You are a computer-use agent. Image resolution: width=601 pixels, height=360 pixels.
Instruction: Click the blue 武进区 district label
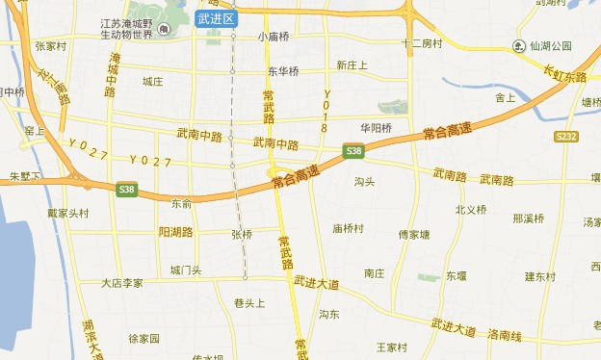click(x=214, y=18)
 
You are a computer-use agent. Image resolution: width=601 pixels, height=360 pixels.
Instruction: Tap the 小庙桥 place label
click(x=273, y=38)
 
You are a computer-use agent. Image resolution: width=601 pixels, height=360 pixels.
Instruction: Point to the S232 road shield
click(x=566, y=138)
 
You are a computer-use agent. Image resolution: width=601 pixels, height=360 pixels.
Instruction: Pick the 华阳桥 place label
click(x=376, y=127)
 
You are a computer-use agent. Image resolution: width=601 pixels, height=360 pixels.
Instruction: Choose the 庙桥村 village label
click(x=348, y=228)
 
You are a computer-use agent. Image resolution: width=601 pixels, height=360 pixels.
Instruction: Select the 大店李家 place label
click(x=122, y=283)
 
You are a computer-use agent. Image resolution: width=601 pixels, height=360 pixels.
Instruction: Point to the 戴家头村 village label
click(x=67, y=214)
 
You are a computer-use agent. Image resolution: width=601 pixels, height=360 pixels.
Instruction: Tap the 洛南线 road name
click(x=504, y=336)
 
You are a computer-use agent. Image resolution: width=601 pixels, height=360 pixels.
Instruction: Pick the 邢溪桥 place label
click(x=529, y=218)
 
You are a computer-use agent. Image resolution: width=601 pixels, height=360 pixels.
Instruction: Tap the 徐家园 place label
click(x=144, y=339)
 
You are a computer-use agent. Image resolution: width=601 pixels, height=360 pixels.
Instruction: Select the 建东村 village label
click(x=540, y=276)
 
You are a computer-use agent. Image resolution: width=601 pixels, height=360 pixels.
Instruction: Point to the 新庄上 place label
click(x=353, y=64)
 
